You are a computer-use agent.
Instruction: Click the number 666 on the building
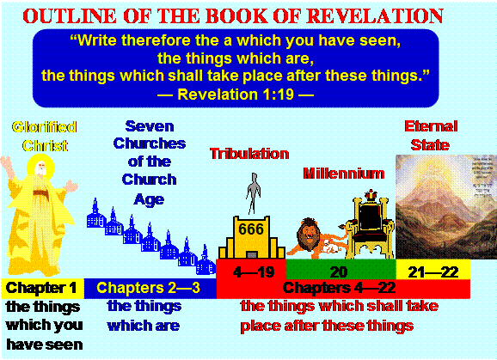click(251, 229)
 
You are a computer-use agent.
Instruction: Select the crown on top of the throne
click(370, 195)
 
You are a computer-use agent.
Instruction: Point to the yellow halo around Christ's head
click(40, 167)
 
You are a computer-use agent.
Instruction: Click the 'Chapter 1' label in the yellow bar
click(41, 288)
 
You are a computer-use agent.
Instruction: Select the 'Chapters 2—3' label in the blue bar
click(149, 288)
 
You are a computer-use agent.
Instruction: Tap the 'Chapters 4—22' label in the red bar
click(339, 288)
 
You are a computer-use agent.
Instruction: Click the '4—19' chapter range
click(254, 272)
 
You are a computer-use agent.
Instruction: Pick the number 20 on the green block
click(339, 272)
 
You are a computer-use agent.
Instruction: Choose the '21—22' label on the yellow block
click(433, 272)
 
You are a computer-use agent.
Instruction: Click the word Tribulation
click(249, 154)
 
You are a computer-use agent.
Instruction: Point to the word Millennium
click(344, 174)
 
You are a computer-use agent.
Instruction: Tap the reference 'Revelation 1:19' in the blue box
click(236, 95)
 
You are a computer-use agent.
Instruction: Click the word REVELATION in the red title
click(375, 15)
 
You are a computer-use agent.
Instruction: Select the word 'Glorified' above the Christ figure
click(45, 127)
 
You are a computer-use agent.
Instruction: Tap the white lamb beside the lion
click(329, 247)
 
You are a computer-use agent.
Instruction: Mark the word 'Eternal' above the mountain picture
click(431, 126)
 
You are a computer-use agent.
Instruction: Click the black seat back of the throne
click(371, 217)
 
